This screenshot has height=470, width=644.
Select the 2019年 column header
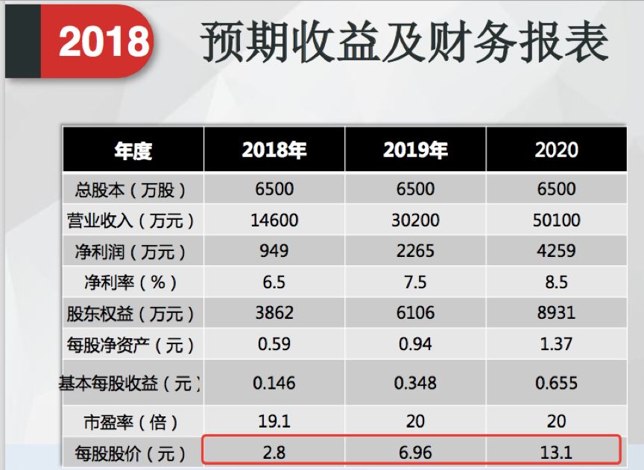tap(415, 150)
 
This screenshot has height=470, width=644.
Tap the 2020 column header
tap(556, 150)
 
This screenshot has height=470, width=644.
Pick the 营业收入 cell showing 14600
tap(274, 220)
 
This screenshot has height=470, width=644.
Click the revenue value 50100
tap(556, 220)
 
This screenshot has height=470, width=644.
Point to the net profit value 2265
tap(415, 251)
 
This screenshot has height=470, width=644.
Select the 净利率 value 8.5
tap(556, 282)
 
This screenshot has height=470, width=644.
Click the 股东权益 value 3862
tap(274, 314)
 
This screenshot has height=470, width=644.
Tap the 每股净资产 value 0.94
tap(415, 345)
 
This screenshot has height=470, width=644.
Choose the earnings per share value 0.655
tap(556, 384)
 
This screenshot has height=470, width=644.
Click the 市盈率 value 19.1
tap(274, 422)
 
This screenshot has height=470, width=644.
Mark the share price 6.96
tap(415, 451)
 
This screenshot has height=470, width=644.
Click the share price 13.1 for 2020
tap(556, 451)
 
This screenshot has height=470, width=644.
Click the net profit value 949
tap(274, 251)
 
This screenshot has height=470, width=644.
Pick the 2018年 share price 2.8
tap(274, 451)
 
